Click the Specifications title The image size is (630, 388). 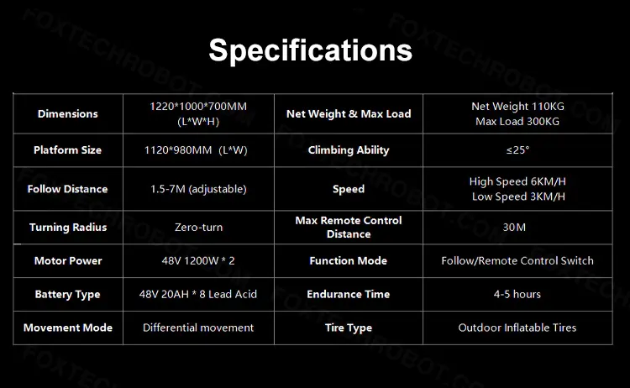coord(311,50)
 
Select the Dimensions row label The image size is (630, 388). coord(67,114)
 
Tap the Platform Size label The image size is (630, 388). coord(67,150)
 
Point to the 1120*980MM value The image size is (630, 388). coord(178,150)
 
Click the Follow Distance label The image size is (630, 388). coord(67,189)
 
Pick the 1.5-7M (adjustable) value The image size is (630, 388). coord(198,189)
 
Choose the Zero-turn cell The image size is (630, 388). coord(198,228)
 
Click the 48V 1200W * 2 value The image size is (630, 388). coord(198,261)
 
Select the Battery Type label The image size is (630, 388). coord(67,295)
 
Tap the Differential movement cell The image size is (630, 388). coord(198,328)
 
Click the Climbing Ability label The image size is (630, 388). coord(349,150)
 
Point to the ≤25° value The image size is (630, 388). coord(517,150)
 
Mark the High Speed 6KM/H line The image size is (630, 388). coord(517,181)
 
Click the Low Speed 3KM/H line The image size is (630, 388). coord(518,197)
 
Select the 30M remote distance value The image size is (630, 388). coord(514,228)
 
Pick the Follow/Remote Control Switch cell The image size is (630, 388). coord(517,261)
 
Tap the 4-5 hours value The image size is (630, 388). coord(517,295)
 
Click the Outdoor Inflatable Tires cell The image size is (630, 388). coord(517,328)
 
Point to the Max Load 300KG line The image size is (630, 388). coord(517,122)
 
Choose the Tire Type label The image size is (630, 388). coord(349,328)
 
